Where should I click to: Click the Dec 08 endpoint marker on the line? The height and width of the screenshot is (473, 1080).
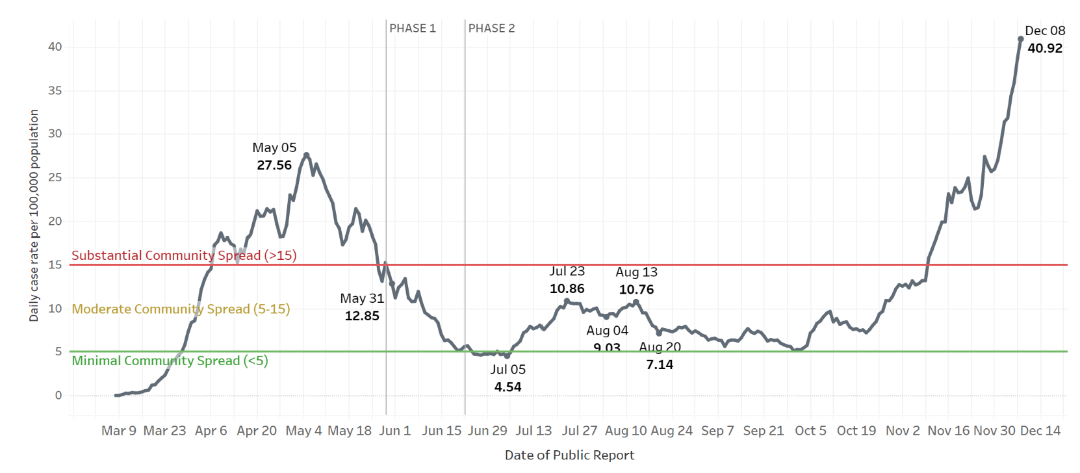(1020, 39)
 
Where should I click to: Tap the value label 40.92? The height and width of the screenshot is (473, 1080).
(1045, 48)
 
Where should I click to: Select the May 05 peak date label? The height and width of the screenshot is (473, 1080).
(274, 147)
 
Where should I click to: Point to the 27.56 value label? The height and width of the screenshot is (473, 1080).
(274, 165)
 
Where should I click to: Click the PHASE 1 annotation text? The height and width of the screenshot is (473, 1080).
(413, 29)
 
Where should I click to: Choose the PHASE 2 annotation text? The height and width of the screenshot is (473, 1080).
(491, 29)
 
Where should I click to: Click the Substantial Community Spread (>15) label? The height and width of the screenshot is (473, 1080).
(184, 255)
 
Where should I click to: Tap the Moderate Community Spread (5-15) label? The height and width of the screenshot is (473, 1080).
(181, 309)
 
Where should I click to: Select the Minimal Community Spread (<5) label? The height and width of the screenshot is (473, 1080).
(170, 361)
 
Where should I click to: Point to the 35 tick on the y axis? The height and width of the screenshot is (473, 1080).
(55, 90)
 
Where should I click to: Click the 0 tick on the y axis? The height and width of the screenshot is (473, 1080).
(58, 395)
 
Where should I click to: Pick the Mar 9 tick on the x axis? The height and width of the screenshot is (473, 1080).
(119, 431)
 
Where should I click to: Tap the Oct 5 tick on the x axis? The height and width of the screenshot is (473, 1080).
(810, 431)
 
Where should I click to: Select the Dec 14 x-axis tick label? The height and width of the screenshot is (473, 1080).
(1040, 431)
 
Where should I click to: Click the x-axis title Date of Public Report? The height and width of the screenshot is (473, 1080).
(569, 455)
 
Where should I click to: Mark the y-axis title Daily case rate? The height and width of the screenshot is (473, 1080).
(34, 215)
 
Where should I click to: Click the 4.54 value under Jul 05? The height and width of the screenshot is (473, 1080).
(508, 387)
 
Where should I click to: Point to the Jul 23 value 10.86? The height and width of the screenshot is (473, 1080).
(567, 288)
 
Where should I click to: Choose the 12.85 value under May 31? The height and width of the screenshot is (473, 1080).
(362, 316)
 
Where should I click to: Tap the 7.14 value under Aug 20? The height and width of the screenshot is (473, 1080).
(660, 365)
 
